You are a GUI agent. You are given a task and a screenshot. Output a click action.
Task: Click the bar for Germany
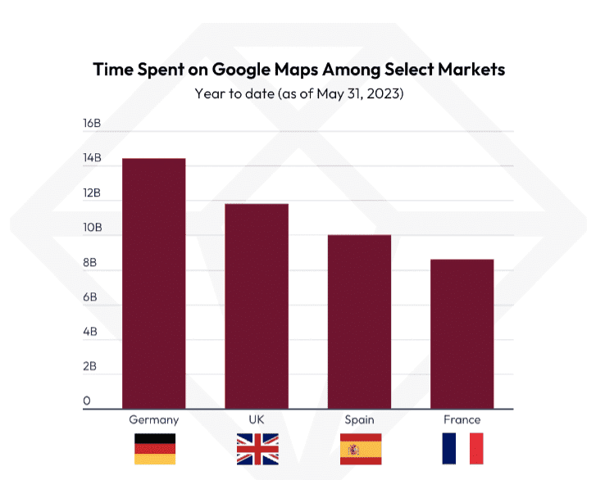coord(154,283)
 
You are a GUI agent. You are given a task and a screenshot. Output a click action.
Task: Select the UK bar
coord(257,306)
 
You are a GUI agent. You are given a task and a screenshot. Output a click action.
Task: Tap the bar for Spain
coord(359,321)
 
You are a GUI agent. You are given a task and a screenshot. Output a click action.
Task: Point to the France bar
coord(462,333)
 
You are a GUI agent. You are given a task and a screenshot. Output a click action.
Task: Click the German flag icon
coord(154,449)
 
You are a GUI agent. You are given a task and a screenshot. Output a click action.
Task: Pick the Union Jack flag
coord(257,449)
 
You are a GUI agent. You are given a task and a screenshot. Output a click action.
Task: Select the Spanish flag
coord(360,449)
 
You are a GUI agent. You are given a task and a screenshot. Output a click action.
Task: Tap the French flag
coord(462,449)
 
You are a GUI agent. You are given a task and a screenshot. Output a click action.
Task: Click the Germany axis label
coord(153,420)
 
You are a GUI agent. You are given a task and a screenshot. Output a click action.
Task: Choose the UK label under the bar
coord(257,420)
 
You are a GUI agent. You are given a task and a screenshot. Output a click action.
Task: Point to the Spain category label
coord(359,420)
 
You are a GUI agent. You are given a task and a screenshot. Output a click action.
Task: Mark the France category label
coord(462,420)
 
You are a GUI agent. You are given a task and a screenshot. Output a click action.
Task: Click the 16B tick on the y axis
coord(91,124)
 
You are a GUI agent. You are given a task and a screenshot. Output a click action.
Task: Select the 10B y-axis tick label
coord(91,228)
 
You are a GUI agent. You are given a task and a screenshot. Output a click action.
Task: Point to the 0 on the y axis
coord(87,401)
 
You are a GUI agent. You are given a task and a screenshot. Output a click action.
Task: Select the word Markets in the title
coord(469,70)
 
